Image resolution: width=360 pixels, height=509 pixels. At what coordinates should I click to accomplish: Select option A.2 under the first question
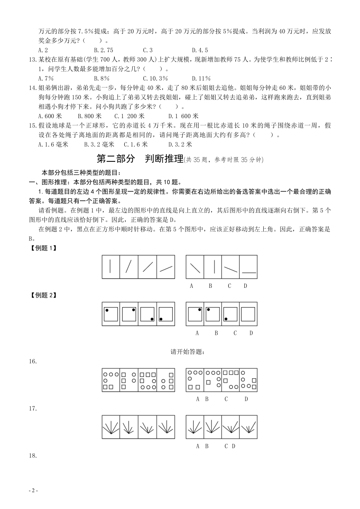point(43,50)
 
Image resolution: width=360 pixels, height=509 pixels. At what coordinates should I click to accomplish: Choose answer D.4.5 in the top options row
point(200,50)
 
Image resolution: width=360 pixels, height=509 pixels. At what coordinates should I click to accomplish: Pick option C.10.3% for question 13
point(155,78)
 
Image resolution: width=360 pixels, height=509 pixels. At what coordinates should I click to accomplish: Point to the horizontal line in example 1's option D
point(249,272)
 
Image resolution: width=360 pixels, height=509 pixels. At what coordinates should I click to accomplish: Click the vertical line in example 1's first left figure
point(111,267)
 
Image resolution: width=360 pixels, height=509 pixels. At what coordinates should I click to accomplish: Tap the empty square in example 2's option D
point(248,314)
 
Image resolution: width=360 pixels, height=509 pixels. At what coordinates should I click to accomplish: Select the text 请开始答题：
point(188,352)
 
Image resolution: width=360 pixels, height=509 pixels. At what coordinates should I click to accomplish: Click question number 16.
point(33,361)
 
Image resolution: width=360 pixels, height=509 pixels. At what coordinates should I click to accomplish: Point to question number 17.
point(33,408)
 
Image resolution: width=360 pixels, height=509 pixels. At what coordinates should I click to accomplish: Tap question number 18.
point(33,456)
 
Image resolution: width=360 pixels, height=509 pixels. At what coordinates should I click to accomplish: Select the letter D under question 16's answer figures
point(246,399)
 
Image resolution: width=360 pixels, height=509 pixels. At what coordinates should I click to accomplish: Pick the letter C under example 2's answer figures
point(235,333)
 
